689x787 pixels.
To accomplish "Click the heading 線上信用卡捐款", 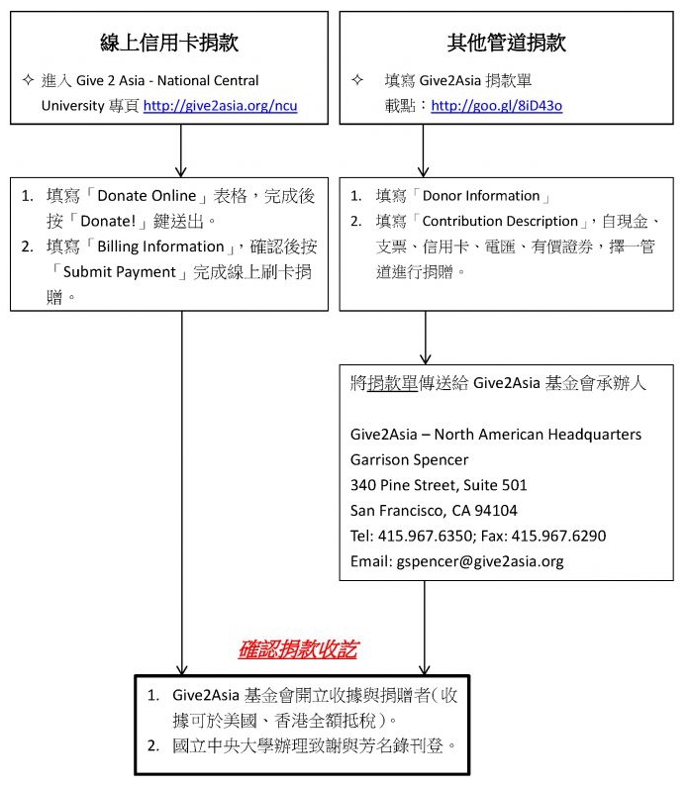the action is coord(169,43).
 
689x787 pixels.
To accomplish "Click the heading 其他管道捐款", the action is coord(506,43).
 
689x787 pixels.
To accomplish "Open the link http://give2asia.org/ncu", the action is coord(221,106).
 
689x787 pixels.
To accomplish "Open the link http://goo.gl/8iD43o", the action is coord(496,106).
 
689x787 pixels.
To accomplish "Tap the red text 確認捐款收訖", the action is coord(298,649).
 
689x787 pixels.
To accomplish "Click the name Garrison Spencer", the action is coord(409,459).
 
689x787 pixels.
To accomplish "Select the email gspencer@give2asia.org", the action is coord(480,561).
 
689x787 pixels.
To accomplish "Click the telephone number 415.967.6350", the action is coord(425,536).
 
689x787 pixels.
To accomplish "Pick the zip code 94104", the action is coord(496,511).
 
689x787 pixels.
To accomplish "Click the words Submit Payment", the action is coord(120,272).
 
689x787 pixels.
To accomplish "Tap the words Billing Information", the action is coord(160,246).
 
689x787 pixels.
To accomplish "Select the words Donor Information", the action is coord(481,196).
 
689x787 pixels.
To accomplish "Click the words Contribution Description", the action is coord(500,222).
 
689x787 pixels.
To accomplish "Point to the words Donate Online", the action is coord(147,196).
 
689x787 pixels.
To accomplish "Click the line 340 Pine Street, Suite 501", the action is coord(439,485).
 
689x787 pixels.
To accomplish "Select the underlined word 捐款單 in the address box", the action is coord(392,383).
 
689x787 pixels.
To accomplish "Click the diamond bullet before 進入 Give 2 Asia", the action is coord(28,80).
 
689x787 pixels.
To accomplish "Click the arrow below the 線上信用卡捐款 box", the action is coord(180,150).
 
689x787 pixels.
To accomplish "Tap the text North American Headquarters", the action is coord(538,435).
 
